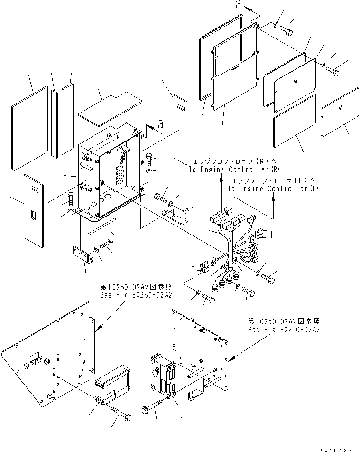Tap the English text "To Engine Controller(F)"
273,188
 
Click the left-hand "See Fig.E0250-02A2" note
135,294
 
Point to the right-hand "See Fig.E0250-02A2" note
284,329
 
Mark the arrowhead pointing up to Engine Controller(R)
222,177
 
